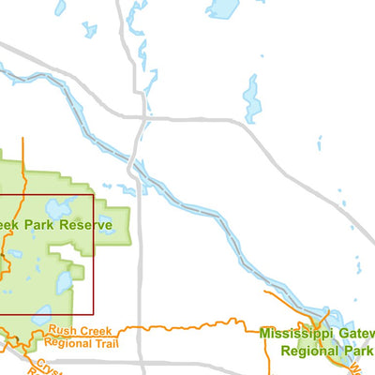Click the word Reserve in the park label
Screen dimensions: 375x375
[85, 225]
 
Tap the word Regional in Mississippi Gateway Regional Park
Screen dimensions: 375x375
[308, 350]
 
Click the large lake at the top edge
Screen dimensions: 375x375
[223, 8]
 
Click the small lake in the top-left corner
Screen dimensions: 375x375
[60, 7]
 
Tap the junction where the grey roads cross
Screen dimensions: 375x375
[141, 120]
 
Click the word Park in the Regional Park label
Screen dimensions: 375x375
[356, 350]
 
